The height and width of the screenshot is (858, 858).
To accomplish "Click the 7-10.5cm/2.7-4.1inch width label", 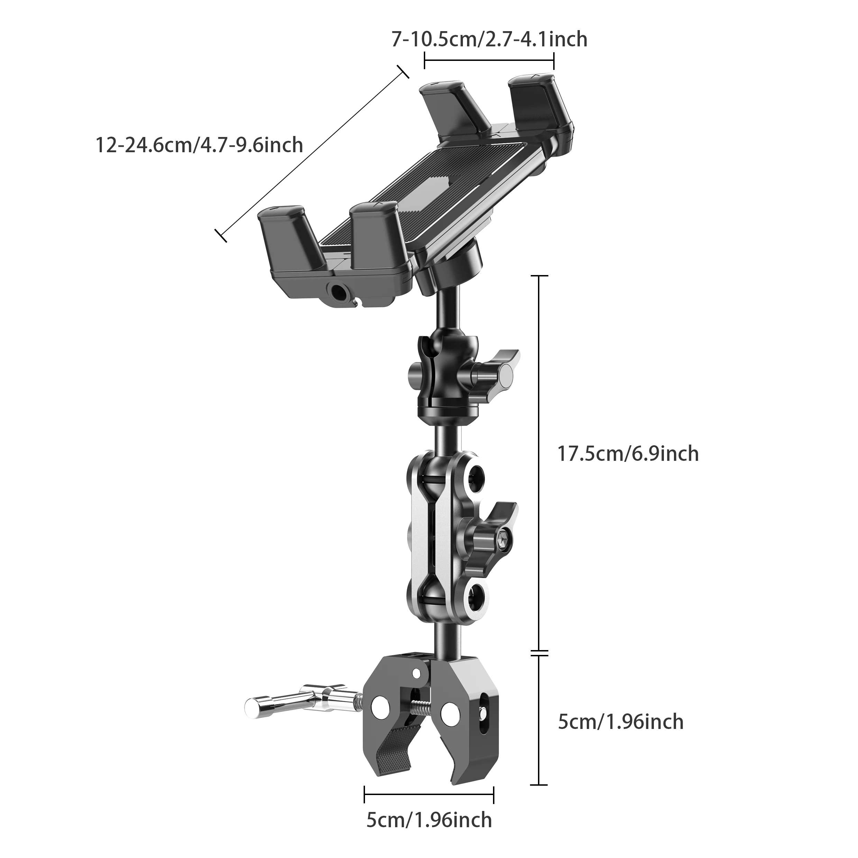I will pyautogui.click(x=489, y=39).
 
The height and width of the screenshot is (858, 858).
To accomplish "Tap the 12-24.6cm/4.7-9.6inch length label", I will pyautogui.click(x=199, y=145).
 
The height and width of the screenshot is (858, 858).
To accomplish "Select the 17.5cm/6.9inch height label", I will pyautogui.click(x=628, y=454).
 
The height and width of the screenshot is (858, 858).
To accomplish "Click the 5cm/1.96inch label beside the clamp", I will pyautogui.click(x=620, y=722).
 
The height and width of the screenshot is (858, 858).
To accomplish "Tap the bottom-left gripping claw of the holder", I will pyautogui.click(x=287, y=235).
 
